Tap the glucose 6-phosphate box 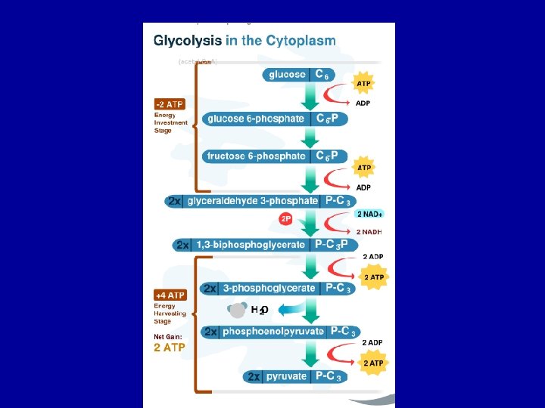[276, 119]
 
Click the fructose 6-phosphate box [276, 156]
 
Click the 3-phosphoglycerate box [276, 288]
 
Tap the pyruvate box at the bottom [295, 376]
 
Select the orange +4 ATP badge [170, 295]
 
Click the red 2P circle [286, 219]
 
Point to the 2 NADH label [369, 231]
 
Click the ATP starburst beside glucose [364, 82]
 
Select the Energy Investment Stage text [164, 123]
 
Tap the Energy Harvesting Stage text [164, 314]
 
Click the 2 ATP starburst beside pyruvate [374, 363]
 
